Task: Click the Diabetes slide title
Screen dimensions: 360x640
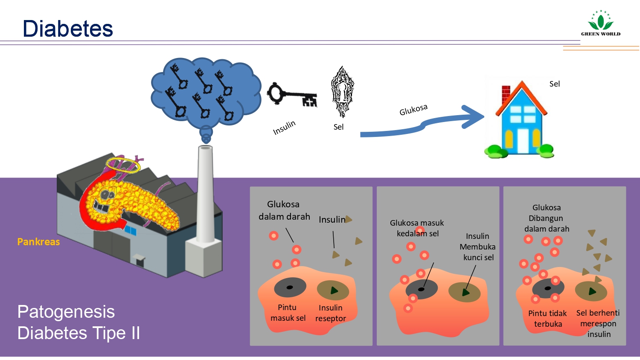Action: [x=68, y=29]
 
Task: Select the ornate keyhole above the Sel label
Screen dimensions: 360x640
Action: [x=342, y=92]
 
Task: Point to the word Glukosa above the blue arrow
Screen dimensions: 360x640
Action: [x=413, y=110]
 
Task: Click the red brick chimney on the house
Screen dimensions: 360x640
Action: [x=506, y=94]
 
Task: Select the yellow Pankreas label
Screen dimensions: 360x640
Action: [x=38, y=242]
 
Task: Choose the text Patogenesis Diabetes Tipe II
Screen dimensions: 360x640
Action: [x=79, y=322]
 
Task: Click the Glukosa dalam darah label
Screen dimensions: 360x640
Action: [x=284, y=210]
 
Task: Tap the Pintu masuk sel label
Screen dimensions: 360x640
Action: [x=288, y=313]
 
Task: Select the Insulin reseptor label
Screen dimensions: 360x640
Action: [x=331, y=313]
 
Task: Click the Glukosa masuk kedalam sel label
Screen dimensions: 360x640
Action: [x=417, y=228]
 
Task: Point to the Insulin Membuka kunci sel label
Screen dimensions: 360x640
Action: [x=478, y=247]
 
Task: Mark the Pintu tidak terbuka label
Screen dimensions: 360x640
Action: [x=547, y=319]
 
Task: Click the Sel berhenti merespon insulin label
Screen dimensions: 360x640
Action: [x=598, y=323]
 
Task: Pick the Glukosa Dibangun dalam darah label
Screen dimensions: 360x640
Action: [x=547, y=218]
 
